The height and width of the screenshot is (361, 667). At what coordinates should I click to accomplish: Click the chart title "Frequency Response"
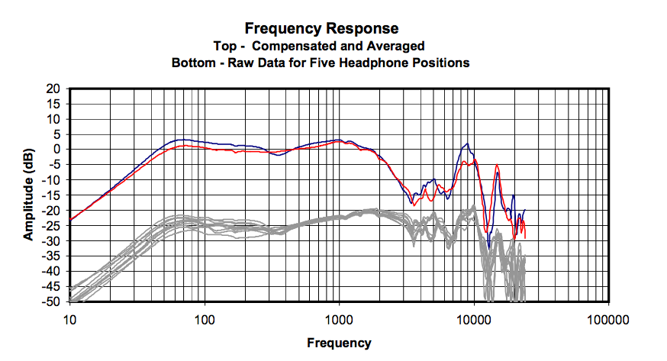[321, 29]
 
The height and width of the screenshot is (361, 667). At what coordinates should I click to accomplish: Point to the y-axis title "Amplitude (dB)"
[28, 194]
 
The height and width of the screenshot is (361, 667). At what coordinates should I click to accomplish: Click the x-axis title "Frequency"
[339, 343]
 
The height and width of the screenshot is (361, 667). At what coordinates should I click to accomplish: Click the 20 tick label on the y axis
[53, 89]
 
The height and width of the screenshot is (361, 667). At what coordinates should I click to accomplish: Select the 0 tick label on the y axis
[56, 150]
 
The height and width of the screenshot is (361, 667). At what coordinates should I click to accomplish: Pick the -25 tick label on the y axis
[51, 226]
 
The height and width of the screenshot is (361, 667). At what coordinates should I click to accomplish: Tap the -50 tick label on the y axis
[51, 301]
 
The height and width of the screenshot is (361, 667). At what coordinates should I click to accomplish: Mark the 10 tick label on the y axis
[53, 119]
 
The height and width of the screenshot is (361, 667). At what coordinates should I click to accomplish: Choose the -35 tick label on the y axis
[51, 256]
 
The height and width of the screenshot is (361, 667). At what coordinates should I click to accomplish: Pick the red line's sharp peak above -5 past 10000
[497, 166]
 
